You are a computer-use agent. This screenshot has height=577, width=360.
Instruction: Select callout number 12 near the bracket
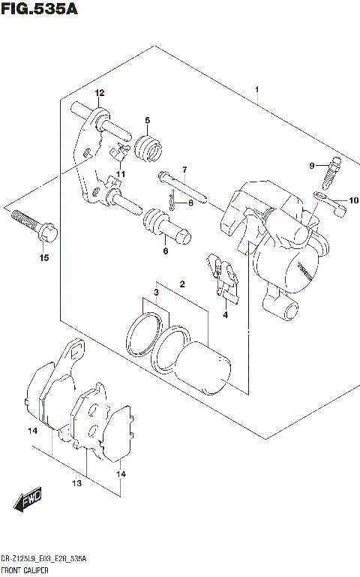(x=99, y=92)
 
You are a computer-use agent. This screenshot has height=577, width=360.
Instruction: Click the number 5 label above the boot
(x=148, y=120)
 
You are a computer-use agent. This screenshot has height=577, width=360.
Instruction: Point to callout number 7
(x=184, y=169)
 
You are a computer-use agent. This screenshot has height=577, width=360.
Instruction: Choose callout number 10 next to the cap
(x=354, y=200)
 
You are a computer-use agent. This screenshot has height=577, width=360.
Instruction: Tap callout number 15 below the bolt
(x=43, y=258)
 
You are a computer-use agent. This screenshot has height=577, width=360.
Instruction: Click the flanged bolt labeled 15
(x=30, y=222)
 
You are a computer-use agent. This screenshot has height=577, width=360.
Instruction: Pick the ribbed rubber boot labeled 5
(x=148, y=146)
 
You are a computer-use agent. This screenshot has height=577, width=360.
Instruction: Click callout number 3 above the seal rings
(x=157, y=292)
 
